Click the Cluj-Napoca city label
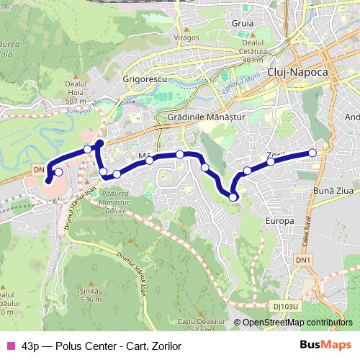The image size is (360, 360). pos(297,73)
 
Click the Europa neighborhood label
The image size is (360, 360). pos(280,220)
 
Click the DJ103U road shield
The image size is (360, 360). pos(287,306)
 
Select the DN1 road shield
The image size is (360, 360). pos(305,259)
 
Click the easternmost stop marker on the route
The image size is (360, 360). pos(312,153)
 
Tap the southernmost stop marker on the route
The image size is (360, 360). pos(233,197)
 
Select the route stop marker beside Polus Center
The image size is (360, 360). pos(58,172)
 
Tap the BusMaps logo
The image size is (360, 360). pos(327,345)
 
